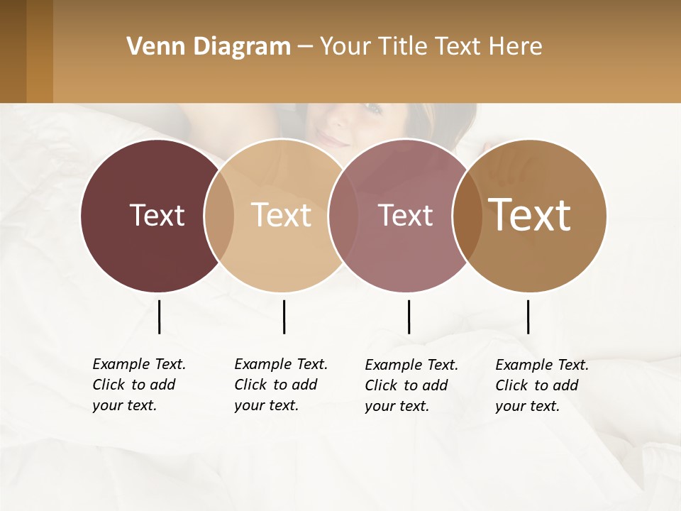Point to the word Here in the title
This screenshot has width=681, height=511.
coord(516,47)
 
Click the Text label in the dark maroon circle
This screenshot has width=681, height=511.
coord(157,215)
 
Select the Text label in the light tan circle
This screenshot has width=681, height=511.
coord(281,215)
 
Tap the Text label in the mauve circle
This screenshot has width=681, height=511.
coord(405,215)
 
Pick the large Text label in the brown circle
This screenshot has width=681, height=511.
coord(530,215)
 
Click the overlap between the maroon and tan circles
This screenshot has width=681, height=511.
coord(219,216)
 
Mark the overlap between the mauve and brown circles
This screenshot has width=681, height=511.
coord(467,216)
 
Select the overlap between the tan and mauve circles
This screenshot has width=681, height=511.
coord(343,216)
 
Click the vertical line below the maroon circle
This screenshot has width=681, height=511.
coord(159,317)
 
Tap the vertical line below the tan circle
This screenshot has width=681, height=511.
coord(284,317)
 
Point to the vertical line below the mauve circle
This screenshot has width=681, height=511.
coord(409,317)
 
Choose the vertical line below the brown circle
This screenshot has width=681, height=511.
coord(528,317)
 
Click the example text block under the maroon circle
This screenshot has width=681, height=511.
coord(138,385)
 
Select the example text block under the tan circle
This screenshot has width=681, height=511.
coord(280,385)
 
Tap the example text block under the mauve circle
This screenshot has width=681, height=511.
coord(411,385)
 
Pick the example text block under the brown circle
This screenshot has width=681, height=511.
coord(541,385)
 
